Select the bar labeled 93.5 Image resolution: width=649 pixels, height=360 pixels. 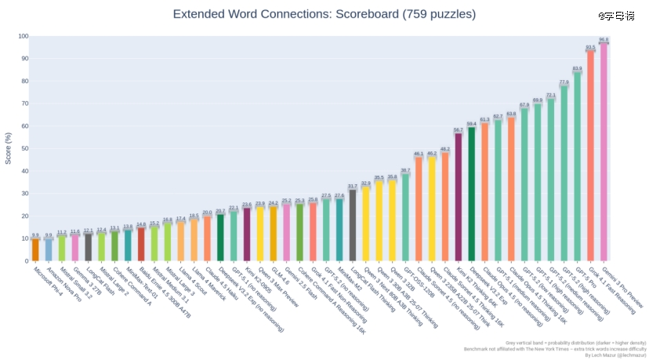point(590,157)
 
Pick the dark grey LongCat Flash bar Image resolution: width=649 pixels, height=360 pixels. point(89,247)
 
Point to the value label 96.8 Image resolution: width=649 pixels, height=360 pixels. point(604,39)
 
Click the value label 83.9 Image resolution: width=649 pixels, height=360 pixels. point(577,69)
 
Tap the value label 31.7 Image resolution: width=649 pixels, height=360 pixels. point(352,186)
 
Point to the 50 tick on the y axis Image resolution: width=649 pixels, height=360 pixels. point(24,148)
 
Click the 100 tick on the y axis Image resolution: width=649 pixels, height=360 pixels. point(23,36)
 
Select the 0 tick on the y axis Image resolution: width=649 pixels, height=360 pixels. point(26,261)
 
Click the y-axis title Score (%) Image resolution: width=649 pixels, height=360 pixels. point(9,148)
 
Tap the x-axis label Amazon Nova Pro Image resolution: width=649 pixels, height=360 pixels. point(64,285)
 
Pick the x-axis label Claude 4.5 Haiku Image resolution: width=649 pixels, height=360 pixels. point(220,285)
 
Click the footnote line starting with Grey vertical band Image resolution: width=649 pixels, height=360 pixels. point(575,343)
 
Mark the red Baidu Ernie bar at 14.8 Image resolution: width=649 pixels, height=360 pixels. point(141,244)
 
